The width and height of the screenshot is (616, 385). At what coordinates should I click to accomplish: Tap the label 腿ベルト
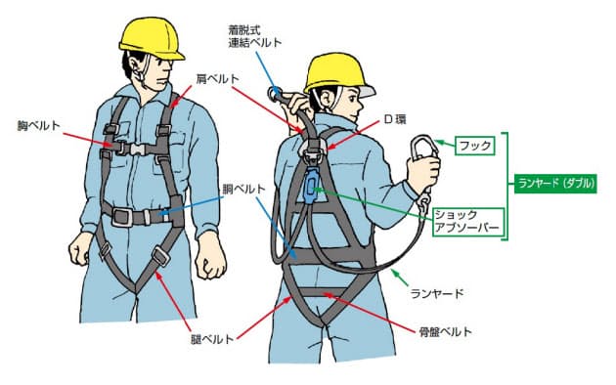(212, 339)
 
